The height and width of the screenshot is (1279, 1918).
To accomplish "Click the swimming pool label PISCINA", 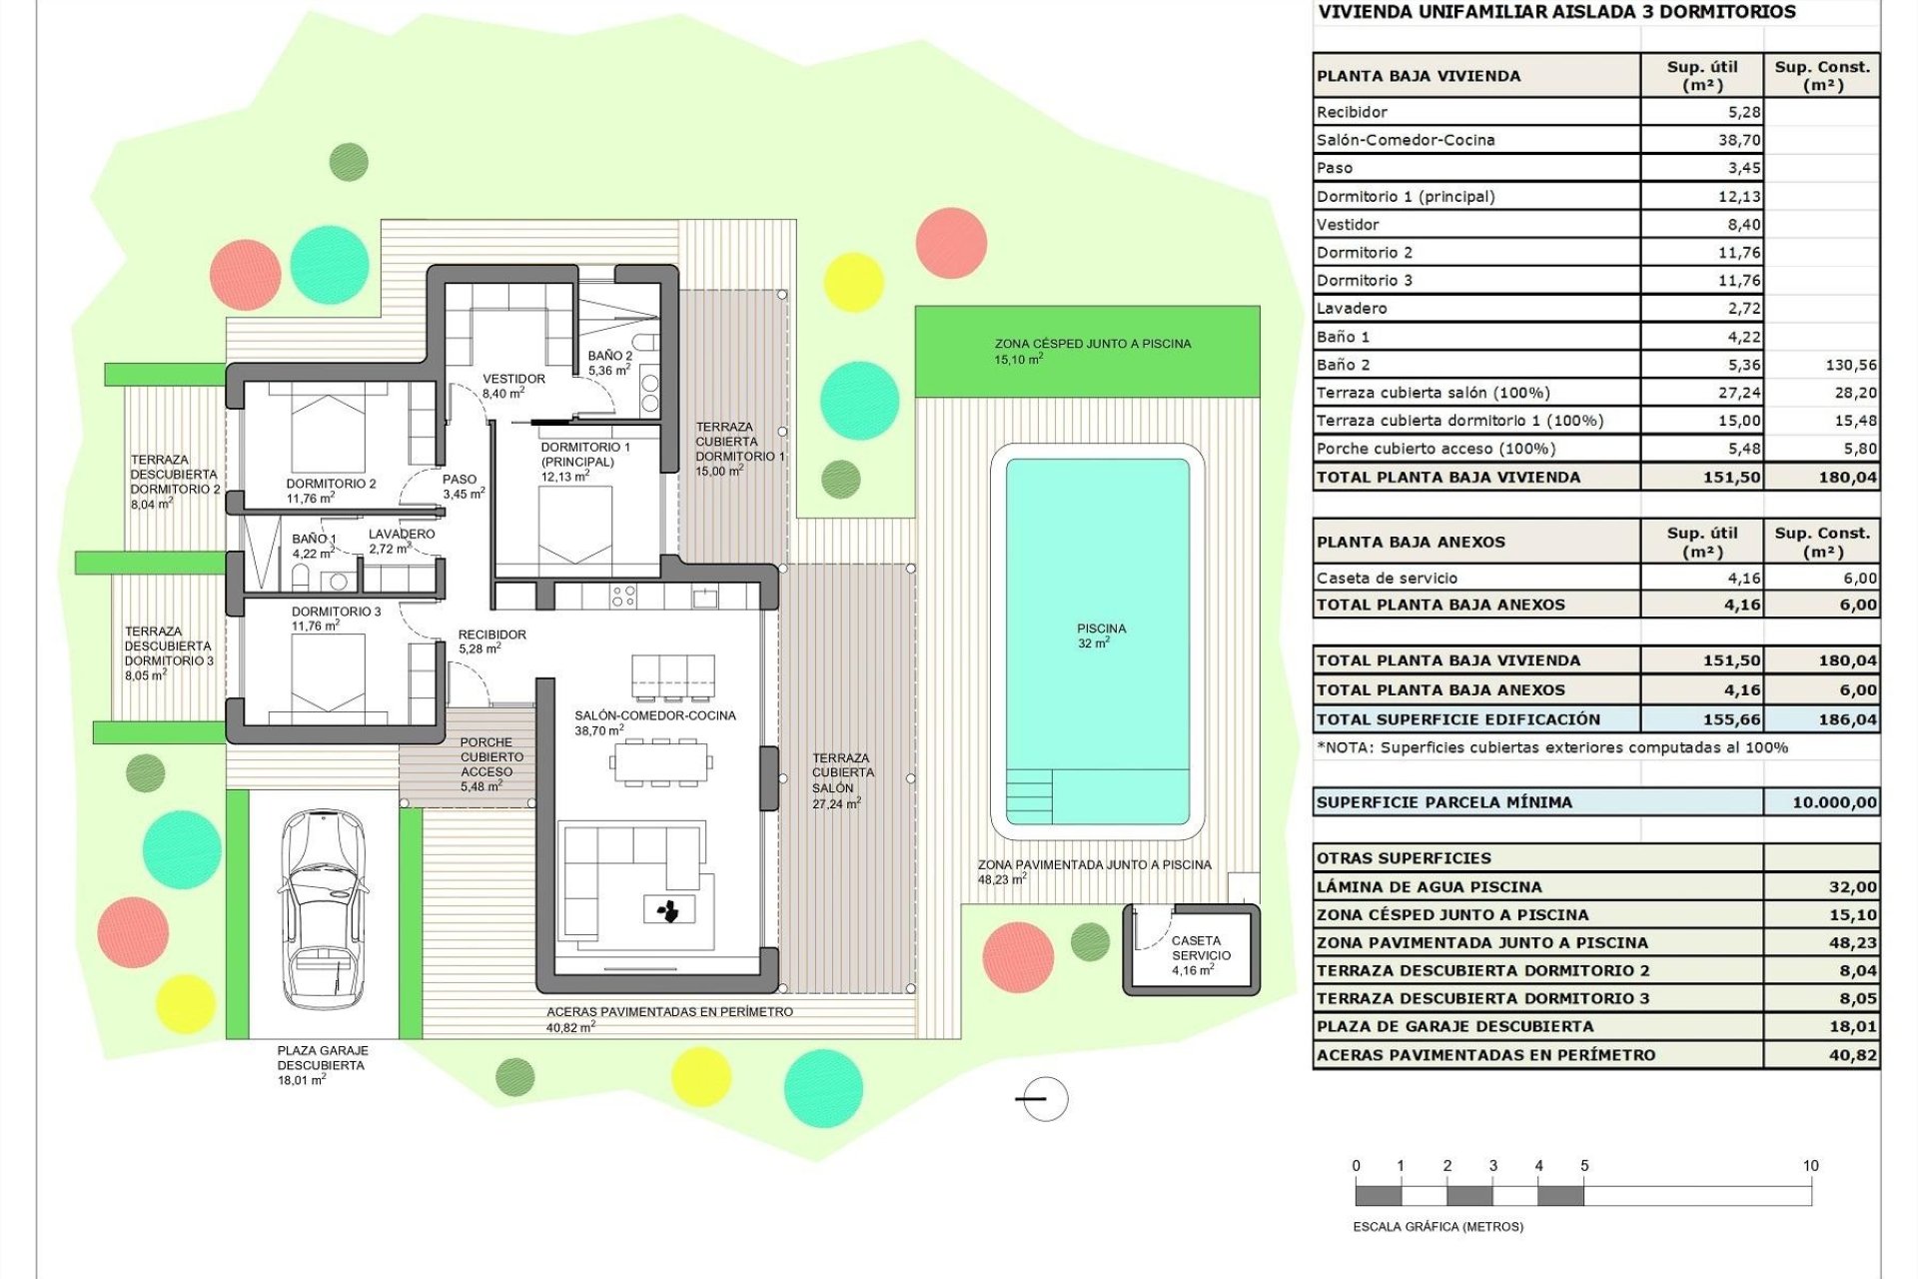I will (x=1101, y=630).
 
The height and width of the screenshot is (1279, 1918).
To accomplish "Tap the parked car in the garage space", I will (x=322, y=909).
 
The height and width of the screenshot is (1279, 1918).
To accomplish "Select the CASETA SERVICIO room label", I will (x=1199, y=948).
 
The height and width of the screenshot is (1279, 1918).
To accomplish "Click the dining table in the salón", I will (x=660, y=762).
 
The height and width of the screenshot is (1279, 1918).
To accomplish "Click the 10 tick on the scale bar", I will (x=1810, y=1166).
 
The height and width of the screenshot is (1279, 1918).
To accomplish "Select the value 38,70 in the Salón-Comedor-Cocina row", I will (x=1738, y=140).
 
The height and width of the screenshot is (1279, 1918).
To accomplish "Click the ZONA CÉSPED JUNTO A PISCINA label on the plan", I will (x=1092, y=344).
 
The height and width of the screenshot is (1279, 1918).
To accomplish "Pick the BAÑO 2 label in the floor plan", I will (x=609, y=357).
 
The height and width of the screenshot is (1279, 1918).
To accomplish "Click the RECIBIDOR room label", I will (x=491, y=635).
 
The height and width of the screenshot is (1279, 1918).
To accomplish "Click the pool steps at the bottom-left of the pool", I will (x=1029, y=795).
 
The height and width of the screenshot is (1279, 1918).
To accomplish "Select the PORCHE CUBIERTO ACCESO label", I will (x=486, y=757).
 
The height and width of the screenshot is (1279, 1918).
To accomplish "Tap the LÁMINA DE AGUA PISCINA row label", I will (x=1429, y=887).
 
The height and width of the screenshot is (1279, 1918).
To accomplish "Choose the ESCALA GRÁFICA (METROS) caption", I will (x=1438, y=1227).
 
